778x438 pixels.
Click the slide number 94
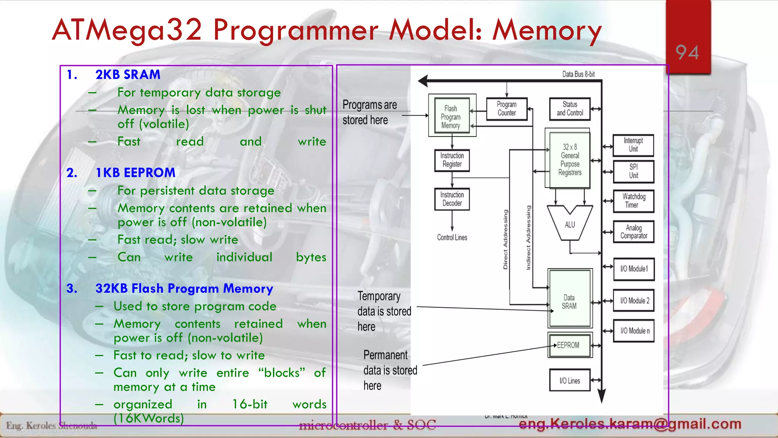tap(687, 52)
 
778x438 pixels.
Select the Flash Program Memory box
tap(451, 116)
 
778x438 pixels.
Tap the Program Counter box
tap(506, 109)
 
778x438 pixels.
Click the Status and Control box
tap(569, 109)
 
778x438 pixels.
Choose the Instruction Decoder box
tap(452, 199)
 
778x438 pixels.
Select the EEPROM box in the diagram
tap(569, 345)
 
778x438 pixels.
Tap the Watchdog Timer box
tap(633, 201)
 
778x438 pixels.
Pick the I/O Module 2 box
tap(634, 300)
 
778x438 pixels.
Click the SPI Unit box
tap(633, 171)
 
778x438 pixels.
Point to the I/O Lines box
tap(569, 380)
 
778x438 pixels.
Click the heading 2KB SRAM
tap(128, 75)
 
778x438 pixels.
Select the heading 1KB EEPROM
tap(135, 173)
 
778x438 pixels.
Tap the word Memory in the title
tap(547, 30)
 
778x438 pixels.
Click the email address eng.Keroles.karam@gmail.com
tap(630, 424)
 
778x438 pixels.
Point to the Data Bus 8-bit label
tap(578, 74)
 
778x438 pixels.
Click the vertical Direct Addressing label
tap(505, 240)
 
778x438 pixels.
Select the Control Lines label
tap(452, 238)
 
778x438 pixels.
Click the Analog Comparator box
tap(633, 232)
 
